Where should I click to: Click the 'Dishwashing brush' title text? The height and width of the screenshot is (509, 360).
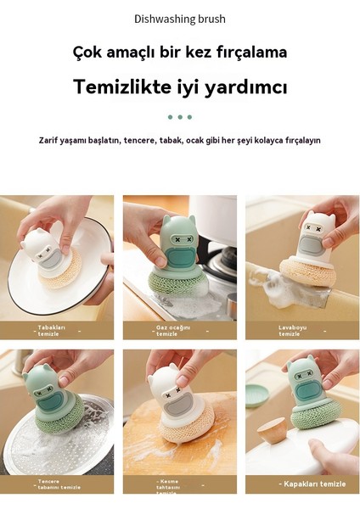point(180,19)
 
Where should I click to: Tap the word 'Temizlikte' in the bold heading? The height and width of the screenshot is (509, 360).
point(112,87)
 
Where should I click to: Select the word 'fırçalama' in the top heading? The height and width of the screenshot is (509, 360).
point(250,53)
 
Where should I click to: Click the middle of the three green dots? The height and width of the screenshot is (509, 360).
point(180,117)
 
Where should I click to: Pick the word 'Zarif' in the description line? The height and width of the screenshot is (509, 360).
point(49,140)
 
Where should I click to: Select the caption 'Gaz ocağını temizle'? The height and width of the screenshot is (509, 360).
point(169,330)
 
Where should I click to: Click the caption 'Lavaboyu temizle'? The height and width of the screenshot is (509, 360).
point(292,330)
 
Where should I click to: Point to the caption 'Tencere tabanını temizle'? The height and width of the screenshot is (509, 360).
point(58,484)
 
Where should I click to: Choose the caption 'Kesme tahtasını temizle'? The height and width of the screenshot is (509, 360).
point(169,484)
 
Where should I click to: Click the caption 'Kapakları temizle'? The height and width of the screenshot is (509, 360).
point(313,484)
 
